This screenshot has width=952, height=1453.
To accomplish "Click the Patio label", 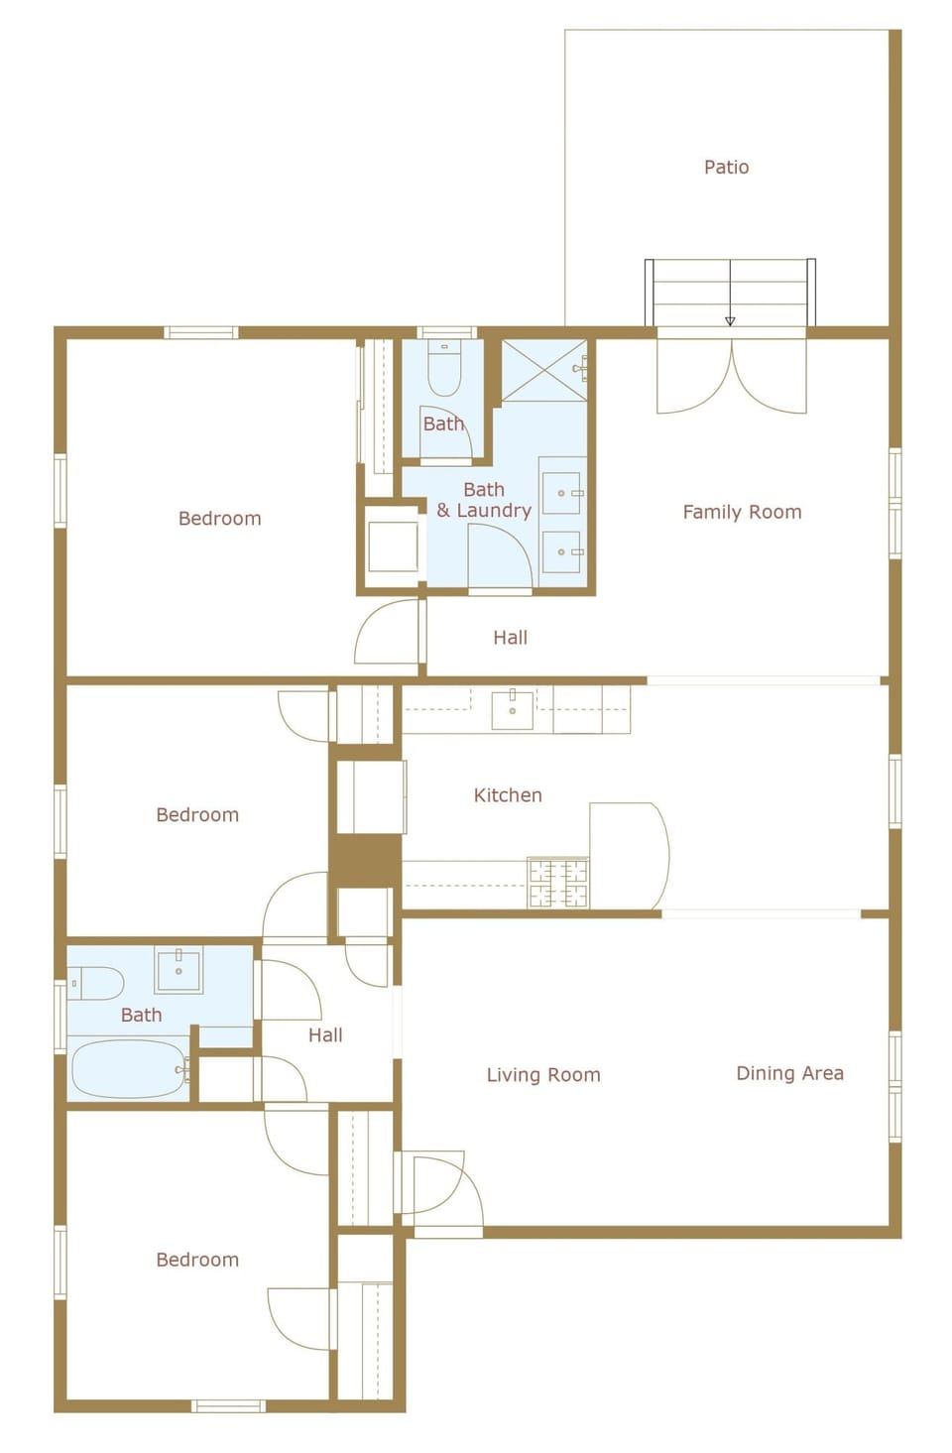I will click(726, 167).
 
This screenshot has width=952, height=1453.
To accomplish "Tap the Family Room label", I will click(742, 512).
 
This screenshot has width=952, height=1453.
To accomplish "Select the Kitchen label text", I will click(508, 795).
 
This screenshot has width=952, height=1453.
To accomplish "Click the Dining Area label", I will click(789, 1073).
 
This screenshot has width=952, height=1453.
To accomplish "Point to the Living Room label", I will click(543, 1075).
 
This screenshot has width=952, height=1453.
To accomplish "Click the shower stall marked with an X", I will click(543, 371).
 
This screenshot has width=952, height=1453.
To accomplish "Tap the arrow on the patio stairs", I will click(730, 319).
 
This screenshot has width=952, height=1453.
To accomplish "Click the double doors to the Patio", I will click(732, 377).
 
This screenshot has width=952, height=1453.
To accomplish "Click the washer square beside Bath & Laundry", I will click(393, 546).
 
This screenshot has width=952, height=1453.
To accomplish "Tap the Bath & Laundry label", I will click(484, 500).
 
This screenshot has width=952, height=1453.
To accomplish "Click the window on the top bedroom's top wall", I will click(200, 332).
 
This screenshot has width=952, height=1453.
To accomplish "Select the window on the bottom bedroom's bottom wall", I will click(227, 1405).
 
